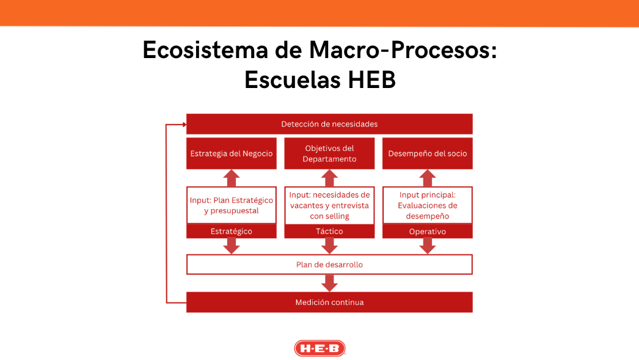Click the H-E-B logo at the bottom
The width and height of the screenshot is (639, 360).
point(319,348)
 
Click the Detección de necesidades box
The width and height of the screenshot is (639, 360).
point(329,124)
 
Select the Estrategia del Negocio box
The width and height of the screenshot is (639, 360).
point(232,153)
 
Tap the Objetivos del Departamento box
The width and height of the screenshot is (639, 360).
point(329,153)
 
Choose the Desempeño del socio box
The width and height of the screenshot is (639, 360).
point(428,153)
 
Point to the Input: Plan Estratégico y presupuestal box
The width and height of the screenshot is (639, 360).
point(232,205)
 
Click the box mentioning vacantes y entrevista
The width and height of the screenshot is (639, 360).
point(329,205)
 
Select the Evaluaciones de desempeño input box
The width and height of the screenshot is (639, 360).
point(428,205)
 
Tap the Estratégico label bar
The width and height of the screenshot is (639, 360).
point(232,232)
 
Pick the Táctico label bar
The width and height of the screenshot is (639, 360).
point(329,232)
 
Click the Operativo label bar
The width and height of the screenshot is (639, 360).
point(428,232)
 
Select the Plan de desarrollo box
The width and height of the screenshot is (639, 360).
point(329,265)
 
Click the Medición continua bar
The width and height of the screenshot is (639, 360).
point(329,302)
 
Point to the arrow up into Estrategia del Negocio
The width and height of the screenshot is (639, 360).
point(232,178)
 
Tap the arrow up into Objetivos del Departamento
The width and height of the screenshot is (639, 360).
point(329,178)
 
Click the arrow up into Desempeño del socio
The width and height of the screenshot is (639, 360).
point(428,178)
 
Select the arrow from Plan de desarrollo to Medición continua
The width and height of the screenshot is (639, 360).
point(329,283)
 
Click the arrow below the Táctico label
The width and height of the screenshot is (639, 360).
point(329,246)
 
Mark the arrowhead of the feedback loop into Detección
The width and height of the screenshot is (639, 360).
point(183,124)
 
